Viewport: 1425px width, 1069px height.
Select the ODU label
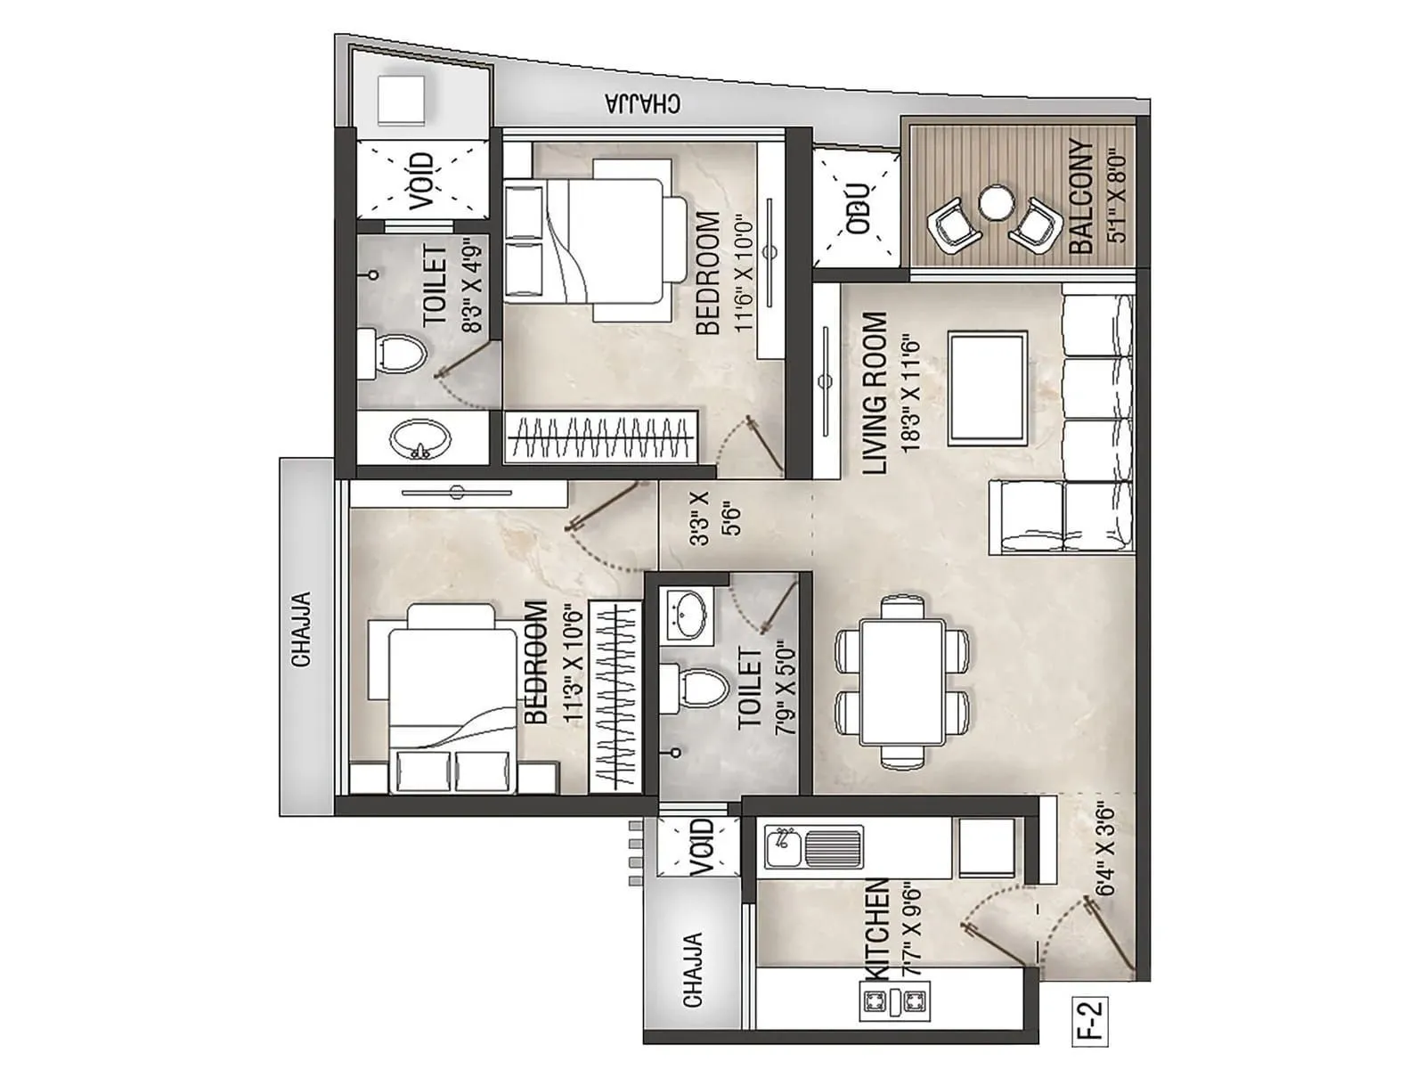(858, 208)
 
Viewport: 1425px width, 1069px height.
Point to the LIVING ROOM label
(875, 393)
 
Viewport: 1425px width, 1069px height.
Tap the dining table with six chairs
(902, 682)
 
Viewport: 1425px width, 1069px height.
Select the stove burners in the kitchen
(894, 1002)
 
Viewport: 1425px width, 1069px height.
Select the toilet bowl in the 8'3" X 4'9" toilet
(393, 351)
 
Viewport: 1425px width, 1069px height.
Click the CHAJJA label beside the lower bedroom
(302, 629)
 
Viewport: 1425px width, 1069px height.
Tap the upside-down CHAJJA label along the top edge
(642, 103)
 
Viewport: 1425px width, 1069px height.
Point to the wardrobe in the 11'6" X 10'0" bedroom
(601, 437)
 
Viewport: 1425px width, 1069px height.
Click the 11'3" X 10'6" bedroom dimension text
(572, 664)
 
